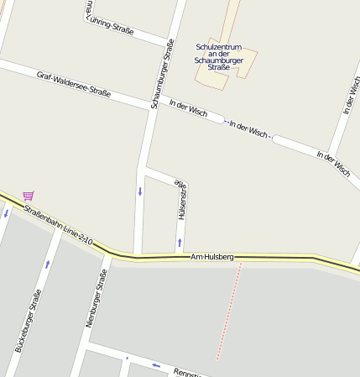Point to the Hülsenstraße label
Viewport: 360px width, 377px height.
(180, 200)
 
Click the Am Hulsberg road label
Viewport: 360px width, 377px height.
(212, 256)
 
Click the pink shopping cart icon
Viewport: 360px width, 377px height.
(29, 196)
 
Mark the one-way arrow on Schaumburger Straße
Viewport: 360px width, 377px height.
(140, 191)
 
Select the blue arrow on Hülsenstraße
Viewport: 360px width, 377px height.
(180, 243)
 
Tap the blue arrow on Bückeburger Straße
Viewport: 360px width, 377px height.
(47, 263)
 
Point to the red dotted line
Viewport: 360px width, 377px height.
(229, 311)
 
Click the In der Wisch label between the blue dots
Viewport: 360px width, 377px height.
(248, 131)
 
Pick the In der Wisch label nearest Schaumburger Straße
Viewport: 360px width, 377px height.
(188, 109)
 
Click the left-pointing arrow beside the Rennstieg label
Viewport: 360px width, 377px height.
(156, 364)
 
